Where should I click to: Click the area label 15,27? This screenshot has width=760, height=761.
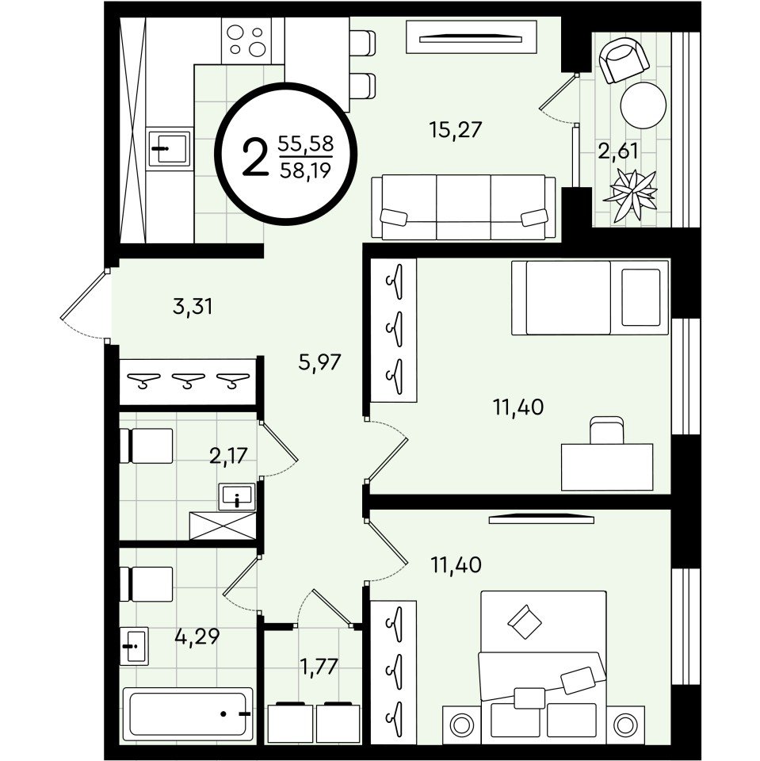pos(455,130)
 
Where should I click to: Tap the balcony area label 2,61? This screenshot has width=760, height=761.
pos(617,151)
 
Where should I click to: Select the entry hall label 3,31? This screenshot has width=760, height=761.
pos(193,307)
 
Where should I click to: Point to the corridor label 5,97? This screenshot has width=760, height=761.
pos(320,362)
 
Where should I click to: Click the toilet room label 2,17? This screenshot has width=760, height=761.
pos(228,456)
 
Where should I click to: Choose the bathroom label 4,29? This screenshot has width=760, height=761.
pos(197,637)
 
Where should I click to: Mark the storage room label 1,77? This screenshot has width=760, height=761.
pos(319,667)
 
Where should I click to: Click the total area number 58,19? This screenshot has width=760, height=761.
pos(306,170)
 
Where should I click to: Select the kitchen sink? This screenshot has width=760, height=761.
pos(170,147)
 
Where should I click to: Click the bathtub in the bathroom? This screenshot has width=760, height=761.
pos(188,713)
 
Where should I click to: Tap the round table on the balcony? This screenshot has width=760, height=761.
pos(644,105)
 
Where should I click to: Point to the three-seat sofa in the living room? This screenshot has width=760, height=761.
pos(464,207)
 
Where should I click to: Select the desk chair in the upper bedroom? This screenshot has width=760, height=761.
pos(606,430)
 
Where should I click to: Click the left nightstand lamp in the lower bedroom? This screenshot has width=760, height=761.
pos(461,725)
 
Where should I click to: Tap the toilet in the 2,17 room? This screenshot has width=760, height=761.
pos(146,446)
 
